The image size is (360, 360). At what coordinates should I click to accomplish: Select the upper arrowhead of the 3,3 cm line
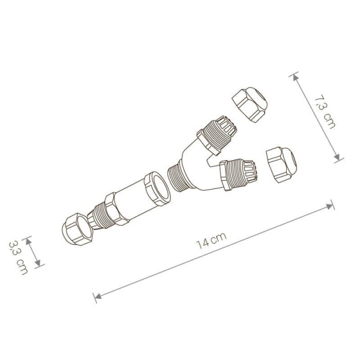pos(29,238)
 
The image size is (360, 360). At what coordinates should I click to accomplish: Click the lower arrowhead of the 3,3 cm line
pos(40,265)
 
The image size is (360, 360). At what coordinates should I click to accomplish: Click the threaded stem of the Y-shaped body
pos(178,176)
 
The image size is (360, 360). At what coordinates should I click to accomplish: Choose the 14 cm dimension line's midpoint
pos(214,251)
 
